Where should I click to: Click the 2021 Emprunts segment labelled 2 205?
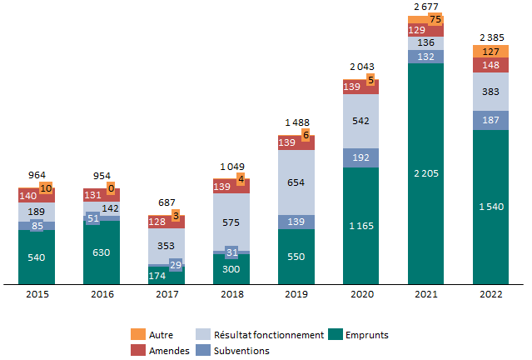tap(425, 173)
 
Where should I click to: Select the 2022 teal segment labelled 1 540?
tap(490, 206)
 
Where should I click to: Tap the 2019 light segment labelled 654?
tap(296, 182)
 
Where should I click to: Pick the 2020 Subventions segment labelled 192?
tap(360, 157)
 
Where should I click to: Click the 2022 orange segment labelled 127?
tap(490, 51)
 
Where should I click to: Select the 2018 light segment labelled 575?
tap(231, 222)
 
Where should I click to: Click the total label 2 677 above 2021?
tap(425, 7)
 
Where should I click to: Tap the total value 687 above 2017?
tap(166, 203)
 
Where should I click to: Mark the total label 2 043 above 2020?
tap(360, 66)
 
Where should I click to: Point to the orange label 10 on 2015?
tap(46, 188)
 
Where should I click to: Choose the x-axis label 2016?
tap(101, 293)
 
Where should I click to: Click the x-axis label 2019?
tap(296, 293)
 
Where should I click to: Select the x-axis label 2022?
tap(490, 293)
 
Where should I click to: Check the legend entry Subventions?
tap(239, 351)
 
